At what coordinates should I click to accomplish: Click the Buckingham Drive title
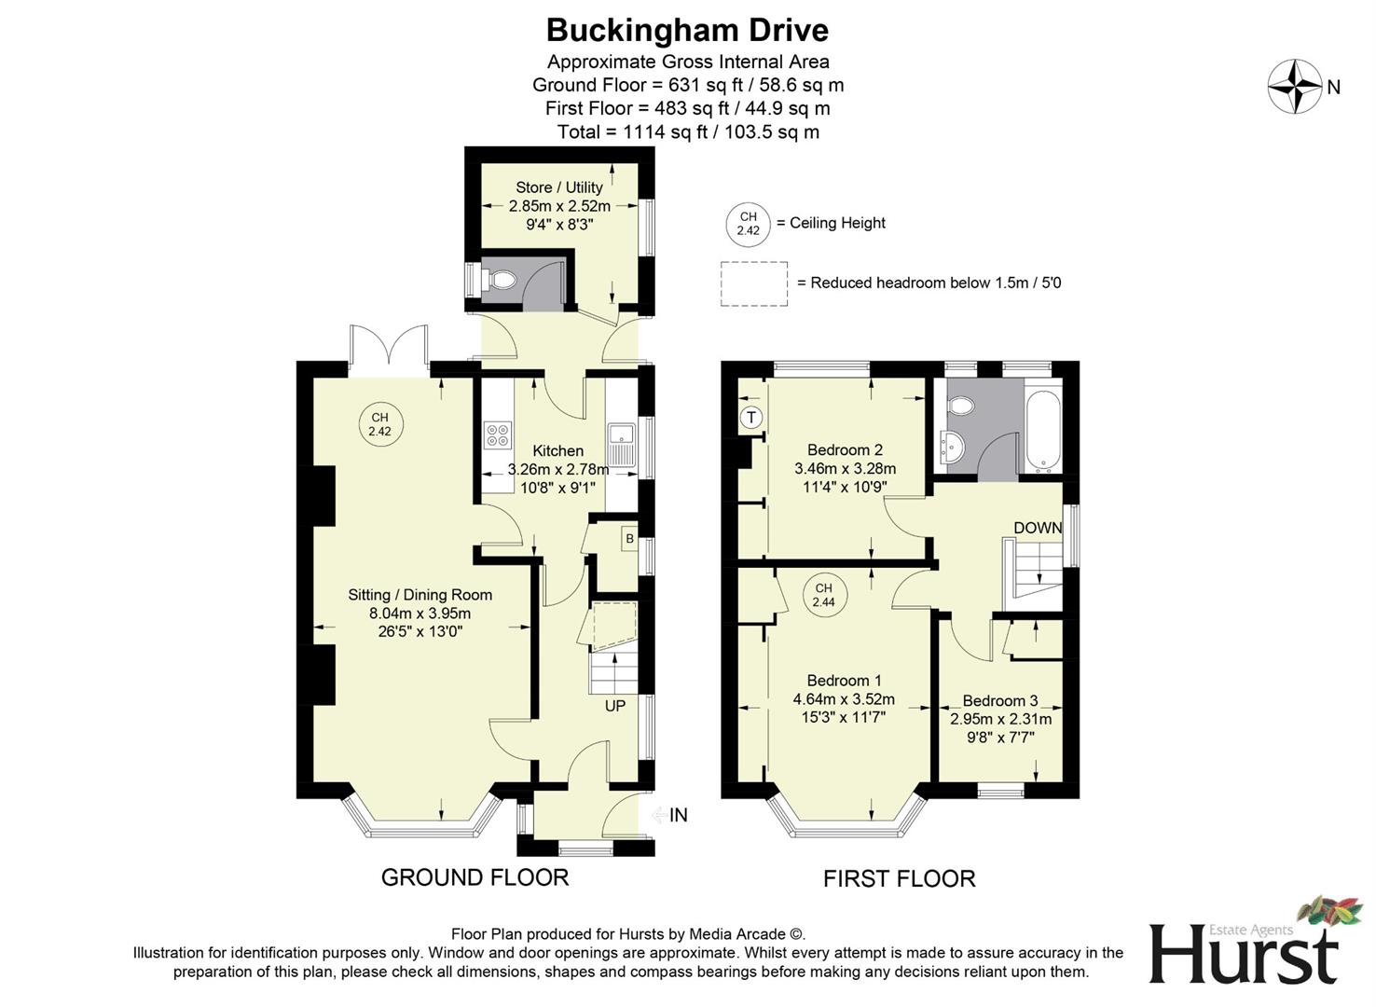(687, 30)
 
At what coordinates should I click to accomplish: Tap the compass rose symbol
(1294, 87)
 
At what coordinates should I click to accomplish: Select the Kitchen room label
(557, 451)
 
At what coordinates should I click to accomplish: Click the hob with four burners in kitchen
(498, 435)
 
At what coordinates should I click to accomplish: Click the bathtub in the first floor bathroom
(1041, 428)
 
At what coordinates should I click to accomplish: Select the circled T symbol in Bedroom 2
(750, 418)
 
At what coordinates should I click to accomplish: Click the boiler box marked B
(629, 539)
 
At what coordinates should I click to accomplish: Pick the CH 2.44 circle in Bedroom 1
(823, 595)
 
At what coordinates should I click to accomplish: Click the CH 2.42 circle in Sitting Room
(379, 425)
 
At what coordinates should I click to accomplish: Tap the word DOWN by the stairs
(1038, 528)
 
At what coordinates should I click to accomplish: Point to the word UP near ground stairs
(615, 706)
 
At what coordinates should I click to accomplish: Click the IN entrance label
(678, 815)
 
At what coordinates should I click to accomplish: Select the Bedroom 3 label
(999, 700)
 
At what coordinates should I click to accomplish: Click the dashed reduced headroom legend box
(753, 283)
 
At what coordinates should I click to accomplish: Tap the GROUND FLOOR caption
(475, 877)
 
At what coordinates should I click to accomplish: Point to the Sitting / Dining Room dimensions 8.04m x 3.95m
(420, 614)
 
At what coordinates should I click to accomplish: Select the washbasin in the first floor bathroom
(951, 448)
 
